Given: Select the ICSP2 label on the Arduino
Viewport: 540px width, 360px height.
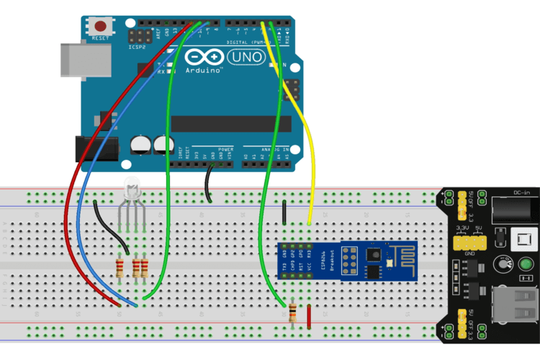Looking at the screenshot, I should coord(136,47).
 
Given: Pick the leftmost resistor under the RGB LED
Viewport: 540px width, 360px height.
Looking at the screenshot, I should coord(120,269).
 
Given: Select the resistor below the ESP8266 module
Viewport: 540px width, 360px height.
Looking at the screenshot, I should coord(292,314).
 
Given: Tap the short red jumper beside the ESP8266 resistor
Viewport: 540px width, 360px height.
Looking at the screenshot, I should coord(310,315).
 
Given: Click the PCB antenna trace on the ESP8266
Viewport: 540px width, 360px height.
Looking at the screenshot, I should coord(399,253).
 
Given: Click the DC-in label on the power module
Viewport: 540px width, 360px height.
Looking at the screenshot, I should coord(522,193).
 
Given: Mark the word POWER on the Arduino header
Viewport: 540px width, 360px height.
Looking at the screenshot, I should coord(217,148).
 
